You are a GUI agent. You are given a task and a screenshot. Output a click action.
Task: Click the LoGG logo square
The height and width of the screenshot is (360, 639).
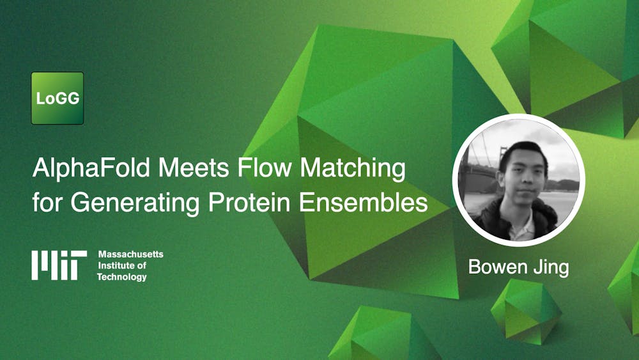[58, 98]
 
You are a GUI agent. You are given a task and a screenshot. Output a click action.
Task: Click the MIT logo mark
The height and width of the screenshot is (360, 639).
[59, 265]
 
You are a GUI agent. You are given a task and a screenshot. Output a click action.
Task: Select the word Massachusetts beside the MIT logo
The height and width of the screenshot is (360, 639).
[130, 254]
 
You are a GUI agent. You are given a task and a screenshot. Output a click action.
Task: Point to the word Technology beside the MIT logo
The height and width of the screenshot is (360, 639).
[121, 278]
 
